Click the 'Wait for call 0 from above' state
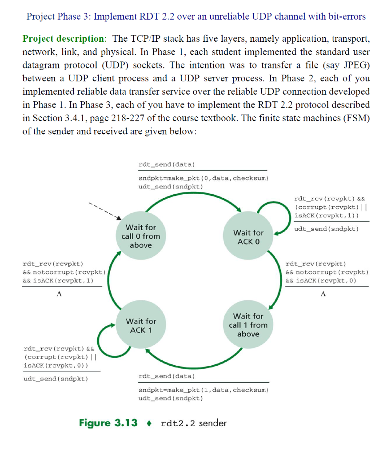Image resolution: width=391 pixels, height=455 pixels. [x=140, y=236]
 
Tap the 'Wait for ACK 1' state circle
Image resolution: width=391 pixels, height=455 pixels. [x=141, y=325]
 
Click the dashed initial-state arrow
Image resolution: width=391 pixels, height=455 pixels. [x=104, y=211]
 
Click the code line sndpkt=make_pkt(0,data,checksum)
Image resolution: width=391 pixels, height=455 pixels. [x=204, y=178]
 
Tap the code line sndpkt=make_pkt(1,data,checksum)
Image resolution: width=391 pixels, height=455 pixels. [x=204, y=390]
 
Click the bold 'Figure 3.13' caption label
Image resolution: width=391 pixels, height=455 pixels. [x=108, y=423]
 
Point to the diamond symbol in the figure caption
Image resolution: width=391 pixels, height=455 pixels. [x=150, y=423]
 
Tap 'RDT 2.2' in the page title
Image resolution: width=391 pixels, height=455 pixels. [x=161, y=17]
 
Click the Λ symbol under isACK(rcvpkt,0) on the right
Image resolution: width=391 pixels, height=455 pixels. [x=323, y=294]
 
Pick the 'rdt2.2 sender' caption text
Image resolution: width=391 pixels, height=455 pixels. [x=193, y=423]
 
